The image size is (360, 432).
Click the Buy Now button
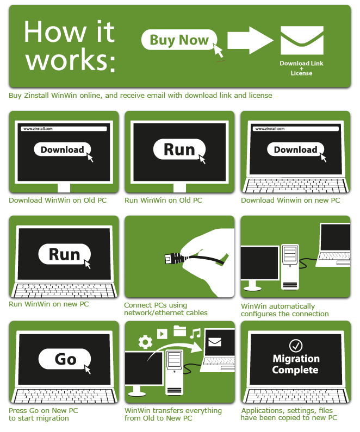click(179, 40)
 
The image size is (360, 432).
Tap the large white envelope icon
click(302, 40)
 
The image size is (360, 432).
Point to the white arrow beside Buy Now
click(250, 40)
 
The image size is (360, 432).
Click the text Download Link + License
click(301, 68)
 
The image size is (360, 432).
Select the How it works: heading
click(70, 46)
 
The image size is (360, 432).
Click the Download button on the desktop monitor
click(63, 149)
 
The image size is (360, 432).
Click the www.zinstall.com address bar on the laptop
click(295, 129)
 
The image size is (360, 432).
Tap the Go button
click(65, 359)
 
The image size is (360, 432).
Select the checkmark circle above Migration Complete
click(296, 346)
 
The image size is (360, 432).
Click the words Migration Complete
click(295, 364)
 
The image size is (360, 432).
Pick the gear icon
click(145, 342)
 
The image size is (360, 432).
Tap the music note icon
click(195, 333)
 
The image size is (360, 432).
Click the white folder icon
click(179, 330)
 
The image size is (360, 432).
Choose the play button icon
click(162, 334)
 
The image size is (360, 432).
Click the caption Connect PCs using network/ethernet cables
click(166, 309)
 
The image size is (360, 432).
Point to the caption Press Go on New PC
click(44, 410)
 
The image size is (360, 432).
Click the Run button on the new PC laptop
click(65, 254)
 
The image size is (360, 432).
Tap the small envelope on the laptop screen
click(215, 342)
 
